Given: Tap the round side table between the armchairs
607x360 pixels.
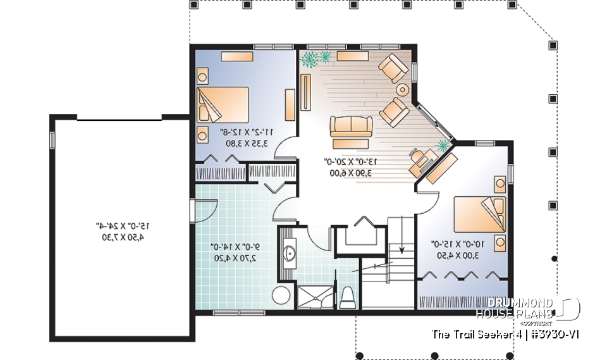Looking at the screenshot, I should (x=402, y=89).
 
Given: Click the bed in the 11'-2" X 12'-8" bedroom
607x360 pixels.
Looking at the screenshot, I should (x=224, y=104).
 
